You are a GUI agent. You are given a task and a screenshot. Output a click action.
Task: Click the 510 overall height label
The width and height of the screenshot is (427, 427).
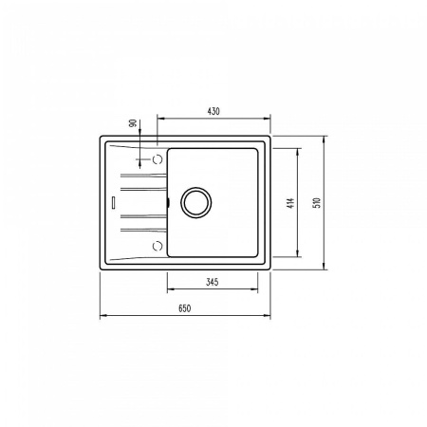(321, 202)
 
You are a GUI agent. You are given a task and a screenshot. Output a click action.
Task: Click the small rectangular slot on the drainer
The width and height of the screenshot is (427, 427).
(113, 201)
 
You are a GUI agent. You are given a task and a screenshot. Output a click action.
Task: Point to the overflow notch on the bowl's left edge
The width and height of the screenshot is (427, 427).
(168, 201)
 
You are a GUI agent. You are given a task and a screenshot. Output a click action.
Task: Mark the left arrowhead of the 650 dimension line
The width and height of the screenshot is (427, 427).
(102, 316)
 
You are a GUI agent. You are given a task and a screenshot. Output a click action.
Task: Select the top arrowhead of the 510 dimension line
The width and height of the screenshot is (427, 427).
(326, 138)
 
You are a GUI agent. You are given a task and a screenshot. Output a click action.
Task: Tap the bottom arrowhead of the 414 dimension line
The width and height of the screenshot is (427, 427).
(301, 255)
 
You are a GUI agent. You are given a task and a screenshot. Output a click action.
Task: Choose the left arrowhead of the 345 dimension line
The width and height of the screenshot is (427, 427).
(170, 289)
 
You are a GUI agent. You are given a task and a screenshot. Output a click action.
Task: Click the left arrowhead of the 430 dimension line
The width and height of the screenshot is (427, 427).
(158, 119)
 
